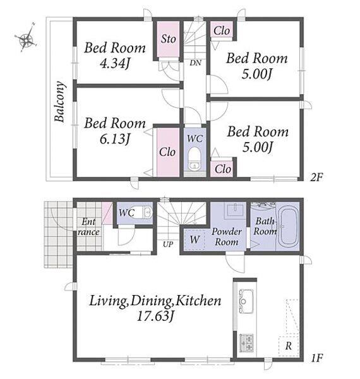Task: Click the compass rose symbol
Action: click(x=26, y=39)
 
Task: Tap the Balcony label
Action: click(x=59, y=102)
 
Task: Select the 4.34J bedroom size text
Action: click(x=115, y=64)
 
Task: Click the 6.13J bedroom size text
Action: click(x=115, y=139)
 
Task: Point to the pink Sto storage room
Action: click(x=169, y=39)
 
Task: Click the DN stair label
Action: click(x=195, y=63)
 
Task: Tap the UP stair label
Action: click(x=168, y=244)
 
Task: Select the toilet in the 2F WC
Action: click(x=195, y=159)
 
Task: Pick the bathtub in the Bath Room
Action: click(x=289, y=226)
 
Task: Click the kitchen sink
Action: click(x=246, y=301)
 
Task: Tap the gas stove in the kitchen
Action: click(x=246, y=342)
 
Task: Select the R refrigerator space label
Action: click(x=289, y=346)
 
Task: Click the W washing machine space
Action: click(x=195, y=240)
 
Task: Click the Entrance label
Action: click(x=88, y=227)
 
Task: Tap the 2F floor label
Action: click(x=316, y=177)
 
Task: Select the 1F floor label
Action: click(x=317, y=358)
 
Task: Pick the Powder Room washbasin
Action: click(x=234, y=209)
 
